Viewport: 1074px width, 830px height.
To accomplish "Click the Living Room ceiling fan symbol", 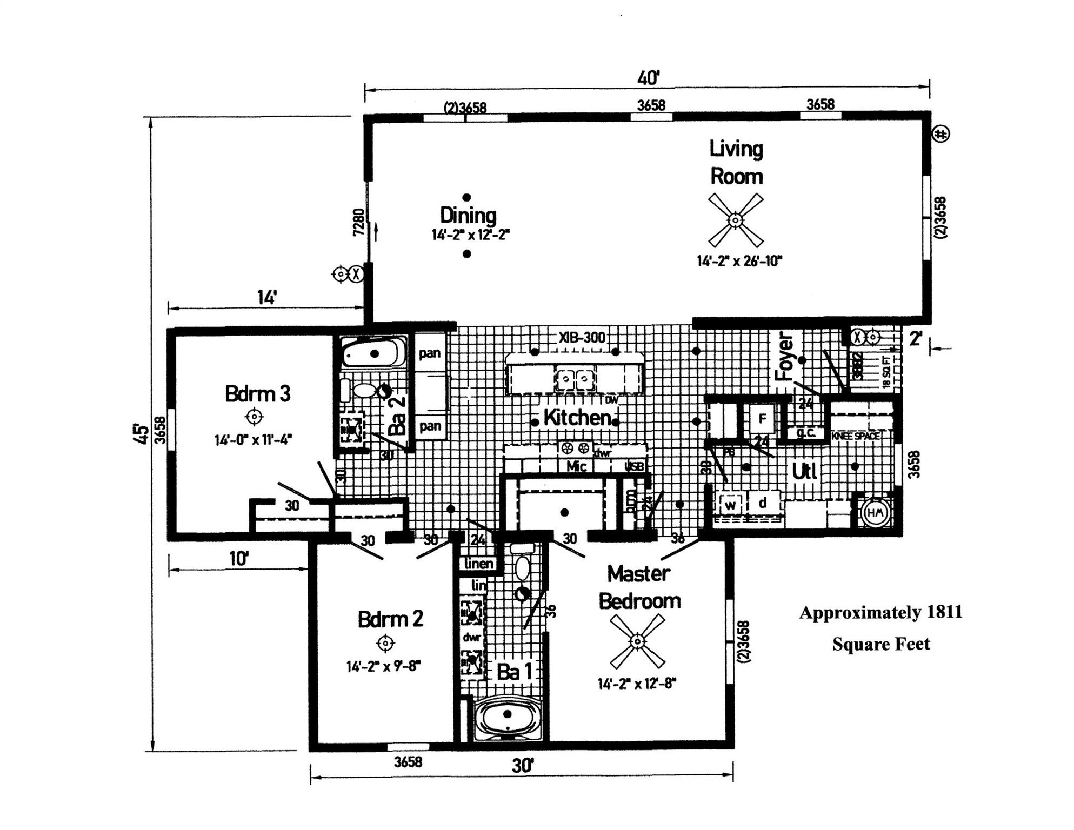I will pos(735,220).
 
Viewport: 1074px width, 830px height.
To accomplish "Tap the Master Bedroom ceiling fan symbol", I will pos(637,641).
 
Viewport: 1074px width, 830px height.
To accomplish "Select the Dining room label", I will pos(468,215).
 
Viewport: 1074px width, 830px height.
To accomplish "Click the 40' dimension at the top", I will pos(648,78).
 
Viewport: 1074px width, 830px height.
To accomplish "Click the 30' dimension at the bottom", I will pos(523,766).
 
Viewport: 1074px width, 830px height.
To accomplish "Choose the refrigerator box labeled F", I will pos(763,419).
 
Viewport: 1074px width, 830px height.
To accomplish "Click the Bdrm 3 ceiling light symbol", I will pos(254,417).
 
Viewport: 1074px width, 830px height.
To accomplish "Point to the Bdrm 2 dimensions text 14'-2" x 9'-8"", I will pos(383,666).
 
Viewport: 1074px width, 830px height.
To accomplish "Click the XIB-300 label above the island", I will pos(582,338).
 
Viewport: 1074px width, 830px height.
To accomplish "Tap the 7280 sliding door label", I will pos(358,222).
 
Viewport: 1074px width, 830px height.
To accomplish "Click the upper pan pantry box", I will pos(430,353).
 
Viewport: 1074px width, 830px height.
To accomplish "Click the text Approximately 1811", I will pos(880,612).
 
